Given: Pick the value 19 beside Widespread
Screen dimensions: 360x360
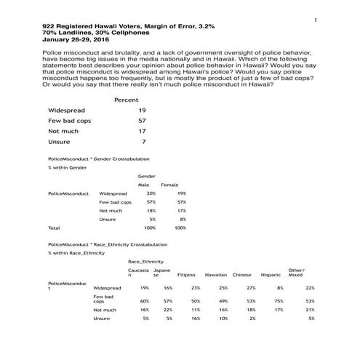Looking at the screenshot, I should pos(142,110).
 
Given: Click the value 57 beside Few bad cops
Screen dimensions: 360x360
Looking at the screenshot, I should pos(142,121).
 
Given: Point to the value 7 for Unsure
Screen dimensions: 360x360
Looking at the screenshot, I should pos(144,142).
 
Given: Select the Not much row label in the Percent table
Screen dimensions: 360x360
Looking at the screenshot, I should pos(60,131).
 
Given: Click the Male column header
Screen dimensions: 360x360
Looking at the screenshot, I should pos(143,185).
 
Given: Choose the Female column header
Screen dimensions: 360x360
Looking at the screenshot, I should pos(169,185).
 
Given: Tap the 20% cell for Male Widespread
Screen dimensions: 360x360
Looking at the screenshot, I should pos(151,193).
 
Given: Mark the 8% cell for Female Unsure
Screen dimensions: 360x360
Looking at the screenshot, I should pos(183,219).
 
